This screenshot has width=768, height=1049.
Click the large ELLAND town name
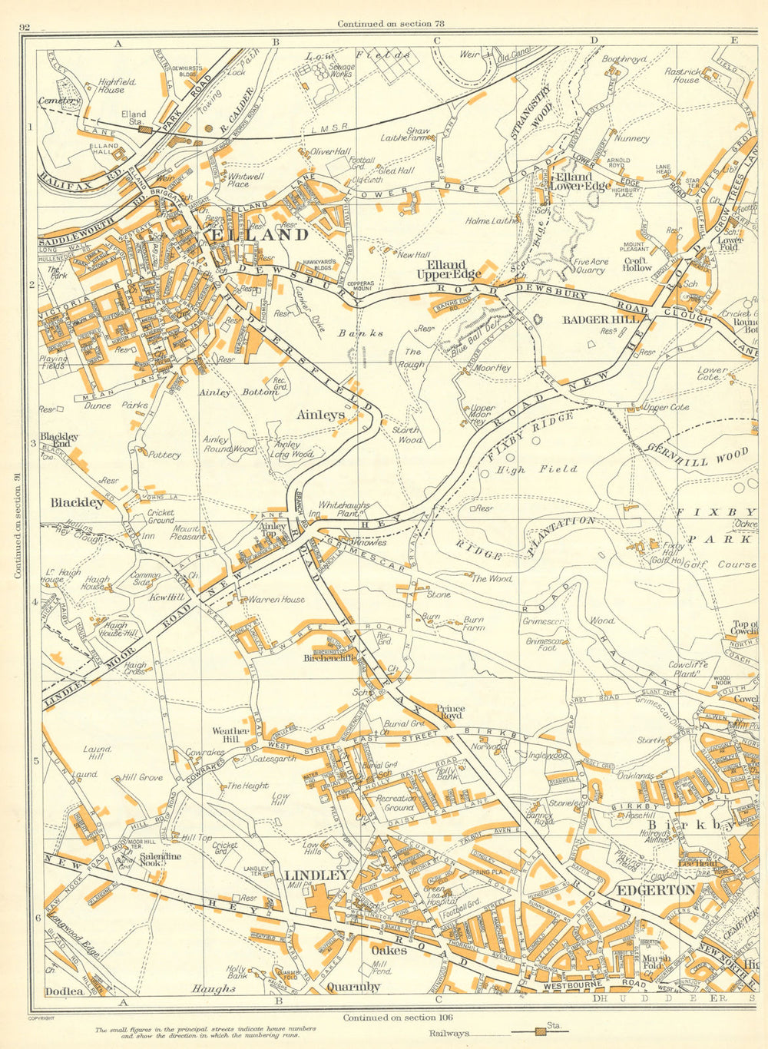(257, 235)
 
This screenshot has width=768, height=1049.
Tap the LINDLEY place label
(316, 875)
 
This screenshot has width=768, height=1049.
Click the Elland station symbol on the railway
(144, 130)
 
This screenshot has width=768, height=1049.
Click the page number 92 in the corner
(25, 28)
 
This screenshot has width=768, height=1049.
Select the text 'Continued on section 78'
(391, 24)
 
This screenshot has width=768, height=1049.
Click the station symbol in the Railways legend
(542, 1032)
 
